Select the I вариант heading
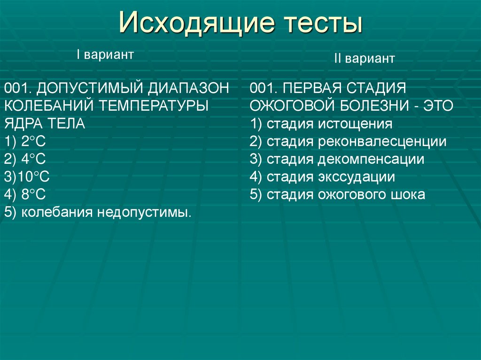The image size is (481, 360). pos(105,55)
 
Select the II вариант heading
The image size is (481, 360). pos(364,60)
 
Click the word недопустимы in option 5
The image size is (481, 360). pos(144,212)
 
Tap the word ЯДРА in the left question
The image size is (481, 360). pos(24,123)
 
